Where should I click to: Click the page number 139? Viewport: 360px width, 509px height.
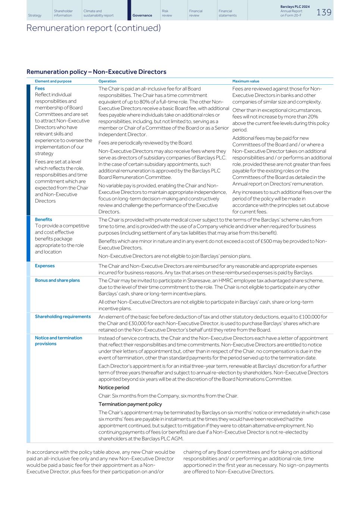click(x=323, y=12)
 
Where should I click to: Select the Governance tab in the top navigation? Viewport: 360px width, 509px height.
click(x=142, y=15)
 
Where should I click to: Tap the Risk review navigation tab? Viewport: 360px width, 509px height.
click(x=167, y=13)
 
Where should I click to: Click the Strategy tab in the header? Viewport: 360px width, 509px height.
click(x=35, y=15)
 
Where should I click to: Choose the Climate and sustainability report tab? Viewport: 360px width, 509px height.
click(x=98, y=13)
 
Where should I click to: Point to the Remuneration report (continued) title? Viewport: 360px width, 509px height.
click(x=93, y=28)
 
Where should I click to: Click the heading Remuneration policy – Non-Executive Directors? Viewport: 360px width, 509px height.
click(x=96, y=72)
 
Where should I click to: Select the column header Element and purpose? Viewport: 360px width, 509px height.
click(x=53, y=81)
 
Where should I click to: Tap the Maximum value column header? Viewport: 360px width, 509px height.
click(x=245, y=81)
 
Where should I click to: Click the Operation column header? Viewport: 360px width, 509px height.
click(x=107, y=81)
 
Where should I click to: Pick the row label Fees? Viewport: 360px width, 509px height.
click(x=40, y=88)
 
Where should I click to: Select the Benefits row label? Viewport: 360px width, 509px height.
click(x=43, y=219)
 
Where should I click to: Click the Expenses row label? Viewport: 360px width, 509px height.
click(x=44, y=266)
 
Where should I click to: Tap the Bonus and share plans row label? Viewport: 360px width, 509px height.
click(x=57, y=280)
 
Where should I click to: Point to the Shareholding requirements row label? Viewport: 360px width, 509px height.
click(x=63, y=317)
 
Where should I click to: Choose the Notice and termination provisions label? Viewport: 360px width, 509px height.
click(x=58, y=340)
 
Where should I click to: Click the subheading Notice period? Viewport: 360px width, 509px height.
click(x=114, y=387)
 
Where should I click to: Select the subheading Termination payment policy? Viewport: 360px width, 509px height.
click(x=130, y=404)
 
